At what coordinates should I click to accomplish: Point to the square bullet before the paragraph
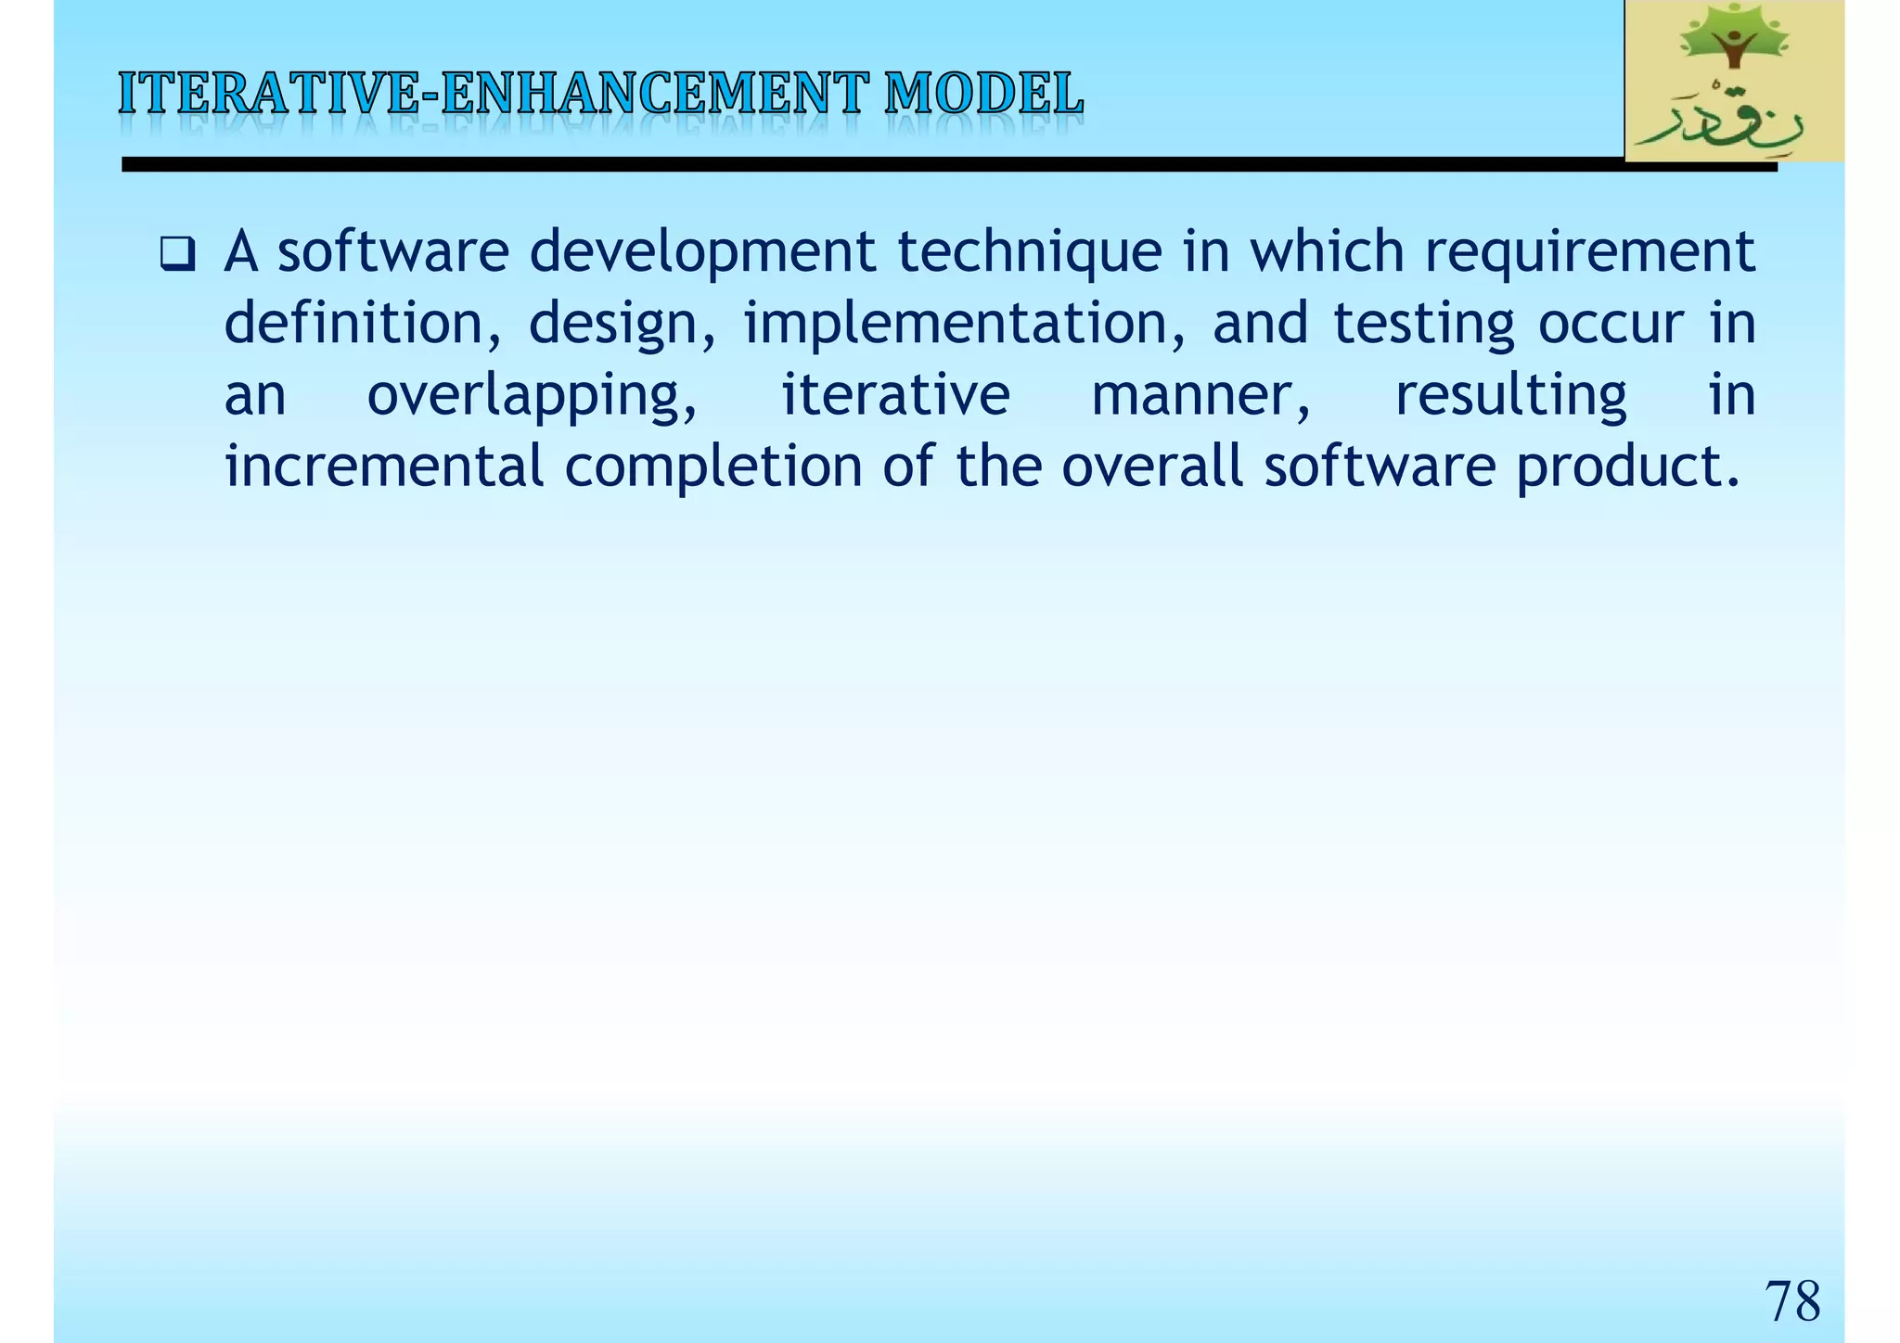(176, 253)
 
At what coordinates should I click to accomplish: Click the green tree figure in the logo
(1732, 42)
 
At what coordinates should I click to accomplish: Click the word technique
(1030, 253)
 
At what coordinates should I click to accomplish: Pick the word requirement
(1589, 253)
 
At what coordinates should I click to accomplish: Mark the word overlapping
(532, 396)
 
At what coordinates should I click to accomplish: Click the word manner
(1200, 396)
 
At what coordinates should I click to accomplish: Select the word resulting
(1510, 396)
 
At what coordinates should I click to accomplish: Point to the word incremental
(383, 466)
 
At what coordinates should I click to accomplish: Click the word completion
(713, 466)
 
